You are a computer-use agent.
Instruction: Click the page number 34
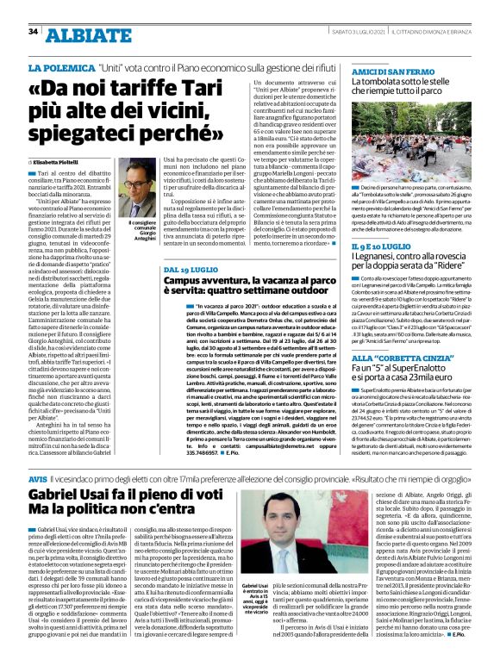(34, 31)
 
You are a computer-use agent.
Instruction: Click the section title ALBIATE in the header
(85, 34)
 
